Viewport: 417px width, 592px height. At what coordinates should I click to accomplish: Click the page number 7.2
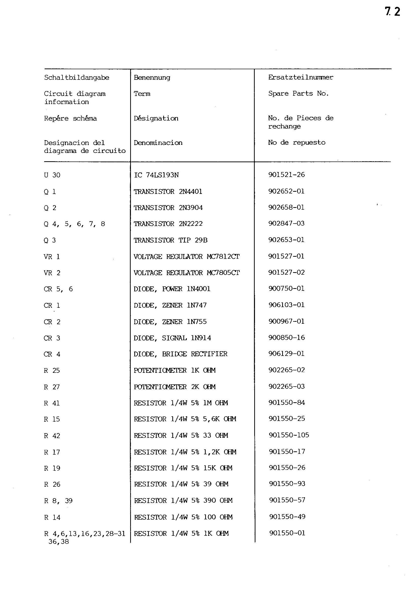pos(392,12)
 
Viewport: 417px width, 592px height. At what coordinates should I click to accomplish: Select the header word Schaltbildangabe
pos(76,78)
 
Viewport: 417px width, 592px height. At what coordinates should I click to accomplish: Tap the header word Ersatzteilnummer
pos(301,77)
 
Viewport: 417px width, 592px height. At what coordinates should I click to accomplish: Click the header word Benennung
pos(152,78)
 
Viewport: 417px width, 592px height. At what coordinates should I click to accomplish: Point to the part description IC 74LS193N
pos(156,175)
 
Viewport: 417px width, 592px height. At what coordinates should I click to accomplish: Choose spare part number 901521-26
pos(286,175)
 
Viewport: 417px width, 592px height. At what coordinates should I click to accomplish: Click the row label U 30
pos(52,175)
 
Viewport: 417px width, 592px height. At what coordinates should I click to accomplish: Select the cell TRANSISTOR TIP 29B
pos(171,240)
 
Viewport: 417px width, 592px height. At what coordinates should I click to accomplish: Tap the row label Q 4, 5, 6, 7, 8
pos(75,224)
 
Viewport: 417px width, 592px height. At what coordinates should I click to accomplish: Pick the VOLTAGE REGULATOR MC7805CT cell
pos(187,273)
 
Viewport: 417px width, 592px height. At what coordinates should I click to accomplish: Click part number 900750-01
pos(286,289)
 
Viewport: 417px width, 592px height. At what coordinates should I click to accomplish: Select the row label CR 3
pos(52,338)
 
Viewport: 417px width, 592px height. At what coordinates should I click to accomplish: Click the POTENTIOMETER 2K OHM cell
pos(175,387)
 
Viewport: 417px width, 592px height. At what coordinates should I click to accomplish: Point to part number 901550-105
pos(289,435)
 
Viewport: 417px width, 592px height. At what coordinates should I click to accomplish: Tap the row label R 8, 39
pos(58,501)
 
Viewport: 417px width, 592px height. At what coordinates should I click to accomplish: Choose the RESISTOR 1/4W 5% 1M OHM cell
pos(181,403)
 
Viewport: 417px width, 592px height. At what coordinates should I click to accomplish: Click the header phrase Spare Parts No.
pos(298,94)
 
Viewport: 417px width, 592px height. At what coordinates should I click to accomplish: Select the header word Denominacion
pos(158,143)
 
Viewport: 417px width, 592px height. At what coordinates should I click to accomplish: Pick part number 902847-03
pos(286,223)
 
